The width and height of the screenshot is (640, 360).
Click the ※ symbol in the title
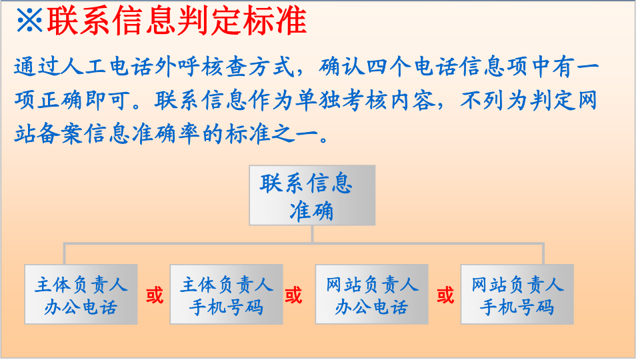(x=29, y=21)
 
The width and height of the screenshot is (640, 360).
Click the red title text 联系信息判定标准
(x=176, y=21)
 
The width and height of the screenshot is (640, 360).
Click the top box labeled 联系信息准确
(x=312, y=195)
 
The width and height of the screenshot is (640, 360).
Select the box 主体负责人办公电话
(x=81, y=295)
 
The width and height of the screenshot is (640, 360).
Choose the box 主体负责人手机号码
(x=226, y=295)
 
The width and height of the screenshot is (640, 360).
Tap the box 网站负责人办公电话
(x=371, y=295)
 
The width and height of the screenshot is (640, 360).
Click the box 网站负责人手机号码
(x=517, y=295)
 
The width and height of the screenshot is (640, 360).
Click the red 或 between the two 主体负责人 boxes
(x=155, y=295)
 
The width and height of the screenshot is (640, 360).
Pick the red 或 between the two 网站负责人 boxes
(x=445, y=295)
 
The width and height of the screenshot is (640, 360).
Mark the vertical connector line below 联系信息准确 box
(x=312, y=234)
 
